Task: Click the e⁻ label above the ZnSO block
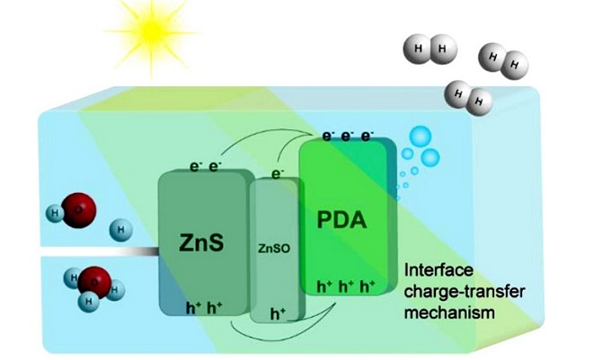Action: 278,171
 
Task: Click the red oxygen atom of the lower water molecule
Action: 92,284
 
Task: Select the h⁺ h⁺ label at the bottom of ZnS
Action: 204,305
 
